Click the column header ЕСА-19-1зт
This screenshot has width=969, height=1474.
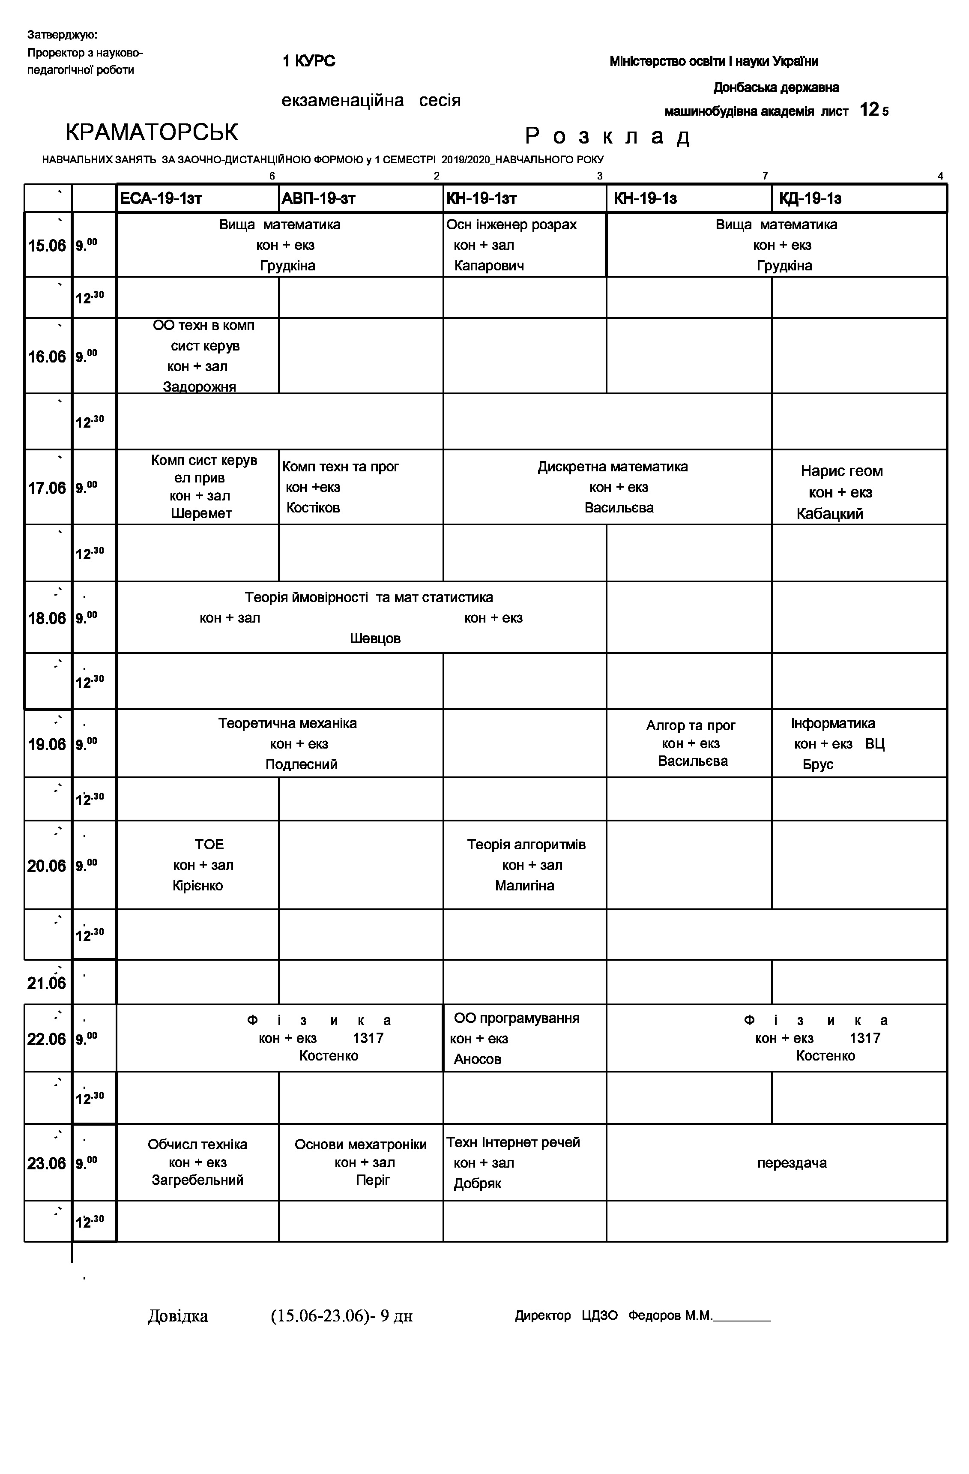click(161, 199)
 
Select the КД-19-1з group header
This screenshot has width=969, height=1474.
click(810, 199)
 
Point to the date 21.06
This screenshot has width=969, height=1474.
click(46, 983)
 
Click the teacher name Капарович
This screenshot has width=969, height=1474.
click(489, 266)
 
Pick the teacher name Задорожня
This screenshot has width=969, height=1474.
click(199, 387)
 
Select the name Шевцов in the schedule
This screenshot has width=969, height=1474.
click(375, 638)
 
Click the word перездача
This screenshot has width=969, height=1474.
click(792, 1163)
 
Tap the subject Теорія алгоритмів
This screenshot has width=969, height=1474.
click(526, 845)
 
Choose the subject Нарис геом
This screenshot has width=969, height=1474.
click(841, 471)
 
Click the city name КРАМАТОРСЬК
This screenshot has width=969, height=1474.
click(152, 132)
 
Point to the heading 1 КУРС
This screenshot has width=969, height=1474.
click(309, 61)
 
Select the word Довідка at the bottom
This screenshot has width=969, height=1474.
click(178, 1316)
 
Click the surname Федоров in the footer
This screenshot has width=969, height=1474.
click(655, 1315)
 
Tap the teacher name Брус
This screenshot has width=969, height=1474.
click(818, 764)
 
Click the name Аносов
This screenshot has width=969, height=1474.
click(477, 1059)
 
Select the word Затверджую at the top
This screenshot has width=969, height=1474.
click(62, 35)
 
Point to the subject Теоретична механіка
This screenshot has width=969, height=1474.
click(287, 723)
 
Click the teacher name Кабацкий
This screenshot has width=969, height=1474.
click(830, 514)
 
